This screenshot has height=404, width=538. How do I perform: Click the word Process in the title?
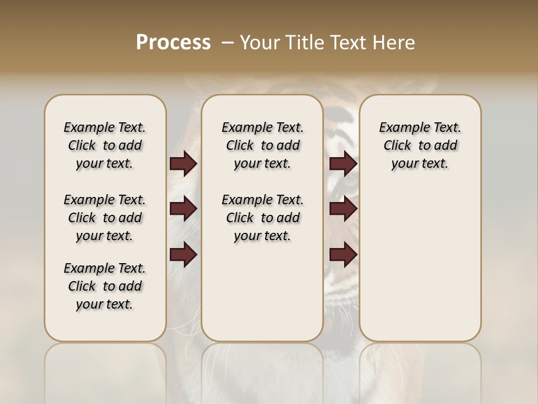coord(173,43)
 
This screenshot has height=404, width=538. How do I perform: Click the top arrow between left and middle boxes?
coord(183,163)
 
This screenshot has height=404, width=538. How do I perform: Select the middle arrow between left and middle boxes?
coord(183,209)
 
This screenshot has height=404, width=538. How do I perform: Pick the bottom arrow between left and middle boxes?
coord(183,254)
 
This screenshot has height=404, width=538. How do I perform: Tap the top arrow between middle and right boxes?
coord(343,163)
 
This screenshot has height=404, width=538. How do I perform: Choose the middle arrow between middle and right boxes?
coord(343,209)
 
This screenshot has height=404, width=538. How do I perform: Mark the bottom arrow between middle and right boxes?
coord(343,254)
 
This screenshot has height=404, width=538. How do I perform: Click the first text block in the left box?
coord(105,145)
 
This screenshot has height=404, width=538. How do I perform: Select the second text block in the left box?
coord(105,218)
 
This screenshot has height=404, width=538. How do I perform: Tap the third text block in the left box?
coord(105,286)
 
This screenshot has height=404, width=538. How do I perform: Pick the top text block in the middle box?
coord(262,145)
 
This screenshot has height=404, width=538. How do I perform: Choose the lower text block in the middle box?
coord(262,218)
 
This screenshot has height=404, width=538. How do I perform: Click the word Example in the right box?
coord(400,127)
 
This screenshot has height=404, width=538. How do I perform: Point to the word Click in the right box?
coord(397,145)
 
